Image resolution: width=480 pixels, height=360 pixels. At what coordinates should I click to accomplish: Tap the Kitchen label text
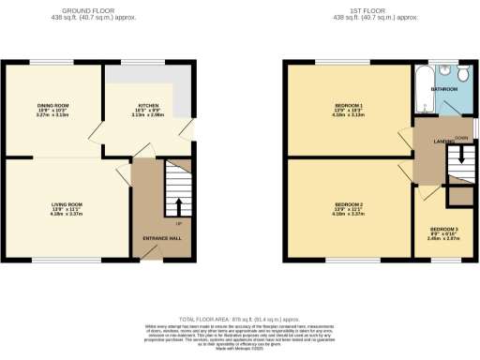coord(149,105)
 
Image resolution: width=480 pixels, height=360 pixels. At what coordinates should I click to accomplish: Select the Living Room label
coord(67,203)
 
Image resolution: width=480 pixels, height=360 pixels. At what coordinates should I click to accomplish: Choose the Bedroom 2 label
coord(348,203)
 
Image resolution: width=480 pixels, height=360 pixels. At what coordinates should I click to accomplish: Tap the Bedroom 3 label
coord(444,229)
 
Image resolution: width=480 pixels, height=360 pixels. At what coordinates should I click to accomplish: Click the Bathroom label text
coord(443,88)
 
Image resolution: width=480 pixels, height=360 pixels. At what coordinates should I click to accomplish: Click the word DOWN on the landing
coord(461,138)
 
